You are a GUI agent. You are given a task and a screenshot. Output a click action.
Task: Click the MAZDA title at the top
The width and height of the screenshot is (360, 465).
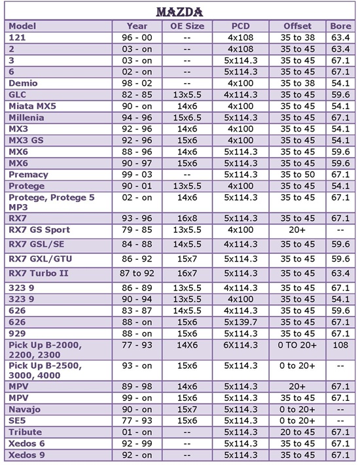(179, 12)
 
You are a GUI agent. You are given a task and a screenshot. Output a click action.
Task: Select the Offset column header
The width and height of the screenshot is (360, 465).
(297, 26)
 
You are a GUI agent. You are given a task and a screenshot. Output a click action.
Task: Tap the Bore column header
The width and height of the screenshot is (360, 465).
(340, 26)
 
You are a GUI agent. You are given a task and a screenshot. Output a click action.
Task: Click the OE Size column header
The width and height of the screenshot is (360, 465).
(187, 26)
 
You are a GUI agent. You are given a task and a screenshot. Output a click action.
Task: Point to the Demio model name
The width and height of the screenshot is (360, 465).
(23, 83)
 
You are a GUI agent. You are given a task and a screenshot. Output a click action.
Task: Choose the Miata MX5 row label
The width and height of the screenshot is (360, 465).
(32, 106)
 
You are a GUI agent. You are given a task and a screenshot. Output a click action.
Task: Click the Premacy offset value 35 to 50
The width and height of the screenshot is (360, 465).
(297, 175)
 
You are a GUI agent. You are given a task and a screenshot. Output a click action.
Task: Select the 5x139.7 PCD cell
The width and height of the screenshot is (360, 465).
(241, 322)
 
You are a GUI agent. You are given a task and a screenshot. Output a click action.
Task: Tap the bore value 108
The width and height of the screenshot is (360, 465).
(340, 345)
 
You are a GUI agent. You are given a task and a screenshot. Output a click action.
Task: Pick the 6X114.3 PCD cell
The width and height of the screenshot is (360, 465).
(241, 345)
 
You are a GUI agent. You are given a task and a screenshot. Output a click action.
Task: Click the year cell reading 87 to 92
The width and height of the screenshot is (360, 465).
(137, 273)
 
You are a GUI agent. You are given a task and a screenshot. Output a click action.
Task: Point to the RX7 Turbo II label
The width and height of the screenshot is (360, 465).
(39, 273)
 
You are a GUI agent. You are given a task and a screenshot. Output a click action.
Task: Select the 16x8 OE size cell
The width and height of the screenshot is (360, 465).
(187, 218)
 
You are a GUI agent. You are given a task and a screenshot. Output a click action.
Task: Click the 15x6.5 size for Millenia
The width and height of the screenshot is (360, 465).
(187, 118)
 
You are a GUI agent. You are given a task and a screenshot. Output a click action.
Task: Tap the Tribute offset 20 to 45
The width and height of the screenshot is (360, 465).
(297, 432)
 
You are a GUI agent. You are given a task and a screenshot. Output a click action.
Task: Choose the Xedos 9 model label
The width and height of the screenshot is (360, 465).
(27, 455)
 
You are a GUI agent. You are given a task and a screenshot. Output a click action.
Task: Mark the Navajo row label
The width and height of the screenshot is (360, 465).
(25, 409)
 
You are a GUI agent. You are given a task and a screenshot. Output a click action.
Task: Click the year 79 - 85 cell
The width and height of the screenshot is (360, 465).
(137, 230)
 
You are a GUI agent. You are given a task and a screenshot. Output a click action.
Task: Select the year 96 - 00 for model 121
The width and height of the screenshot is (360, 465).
(137, 37)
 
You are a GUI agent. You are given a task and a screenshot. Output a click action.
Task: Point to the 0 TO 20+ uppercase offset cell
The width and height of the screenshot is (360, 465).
(297, 345)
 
